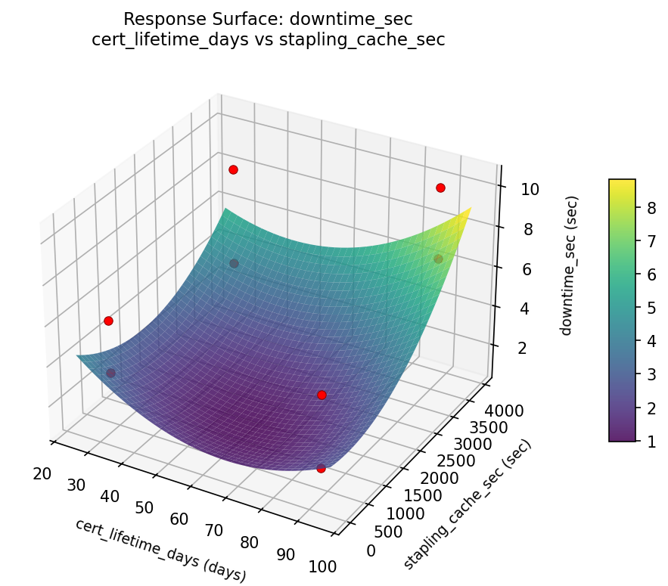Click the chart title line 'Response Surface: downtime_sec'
pyautogui.click(x=268, y=19)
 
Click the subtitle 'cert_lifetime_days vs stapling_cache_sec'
pyautogui.click(x=268, y=39)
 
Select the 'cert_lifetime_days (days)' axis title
pyautogui.click(x=160, y=550)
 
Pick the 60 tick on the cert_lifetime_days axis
pyautogui.click(x=179, y=519)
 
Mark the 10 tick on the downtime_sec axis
pyautogui.click(x=530, y=189)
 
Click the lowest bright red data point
pyautogui.click(x=321, y=469)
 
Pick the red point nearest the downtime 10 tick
pyautogui.click(x=440, y=188)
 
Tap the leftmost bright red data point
pyautogui.click(x=108, y=321)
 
